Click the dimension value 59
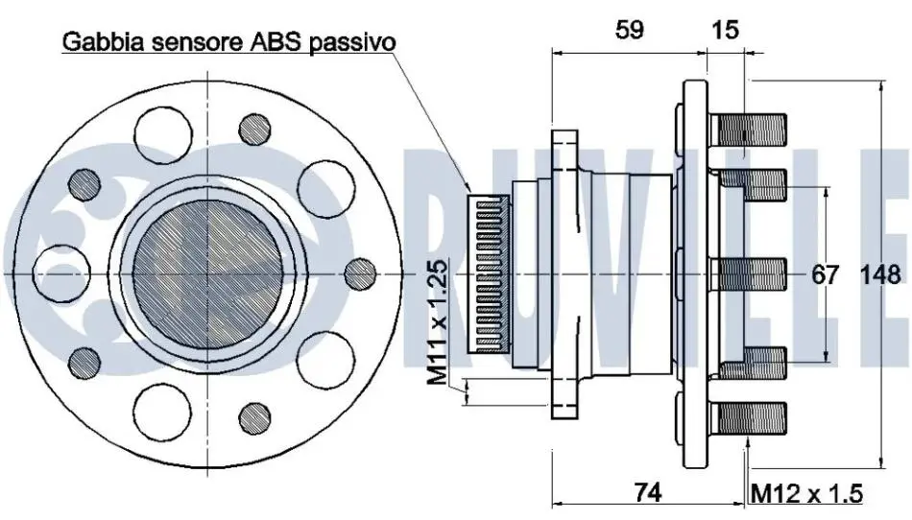tap(630, 30)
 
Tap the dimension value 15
tap(725, 30)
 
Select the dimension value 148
tap(880, 274)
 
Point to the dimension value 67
tap(826, 274)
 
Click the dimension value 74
tap(648, 493)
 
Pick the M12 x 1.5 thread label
tap(806, 494)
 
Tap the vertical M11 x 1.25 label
tap(438, 321)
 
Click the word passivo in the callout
tap(352, 42)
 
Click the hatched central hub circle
tap(208, 273)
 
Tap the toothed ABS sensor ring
tap(490, 274)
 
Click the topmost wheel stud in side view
tap(748, 130)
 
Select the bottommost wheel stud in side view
tap(748, 417)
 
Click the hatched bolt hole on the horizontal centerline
tap(360, 273)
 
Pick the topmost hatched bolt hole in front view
tap(254, 129)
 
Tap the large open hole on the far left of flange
tap(61, 273)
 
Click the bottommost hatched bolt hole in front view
tap(254, 418)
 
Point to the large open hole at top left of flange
tap(163, 135)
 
